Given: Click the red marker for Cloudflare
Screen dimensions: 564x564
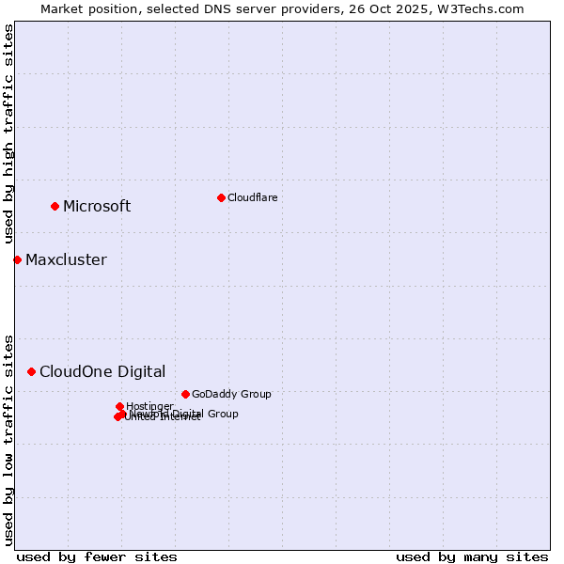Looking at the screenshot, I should tap(221, 197).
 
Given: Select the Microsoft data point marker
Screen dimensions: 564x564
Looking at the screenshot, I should tap(55, 206).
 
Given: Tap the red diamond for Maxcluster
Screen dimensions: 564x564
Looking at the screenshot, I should tap(17, 259).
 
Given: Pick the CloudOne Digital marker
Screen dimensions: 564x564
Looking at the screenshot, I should tap(31, 371).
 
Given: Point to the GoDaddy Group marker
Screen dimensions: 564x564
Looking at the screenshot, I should tap(185, 394).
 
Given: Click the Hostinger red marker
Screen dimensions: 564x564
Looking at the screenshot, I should tap(119, 406).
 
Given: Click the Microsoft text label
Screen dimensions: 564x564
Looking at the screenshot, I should tap(97, 207).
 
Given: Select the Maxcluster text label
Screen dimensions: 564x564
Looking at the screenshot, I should tap(66, 260).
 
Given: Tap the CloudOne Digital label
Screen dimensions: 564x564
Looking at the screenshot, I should tap(102, 372).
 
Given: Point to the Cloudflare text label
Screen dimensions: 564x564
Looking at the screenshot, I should tap(252, 197).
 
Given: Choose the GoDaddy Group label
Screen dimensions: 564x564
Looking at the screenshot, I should tap(231, 394).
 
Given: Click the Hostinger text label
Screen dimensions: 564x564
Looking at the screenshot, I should tap(149, 406).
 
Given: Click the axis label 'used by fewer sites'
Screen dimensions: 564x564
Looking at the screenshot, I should tap(97, 556).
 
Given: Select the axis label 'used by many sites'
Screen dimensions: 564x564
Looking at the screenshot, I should tap(472, 556).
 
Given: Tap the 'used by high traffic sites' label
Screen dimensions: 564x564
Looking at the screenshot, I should tap(8, 134).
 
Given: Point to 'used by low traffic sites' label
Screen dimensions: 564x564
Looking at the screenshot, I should tap(8, 439).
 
